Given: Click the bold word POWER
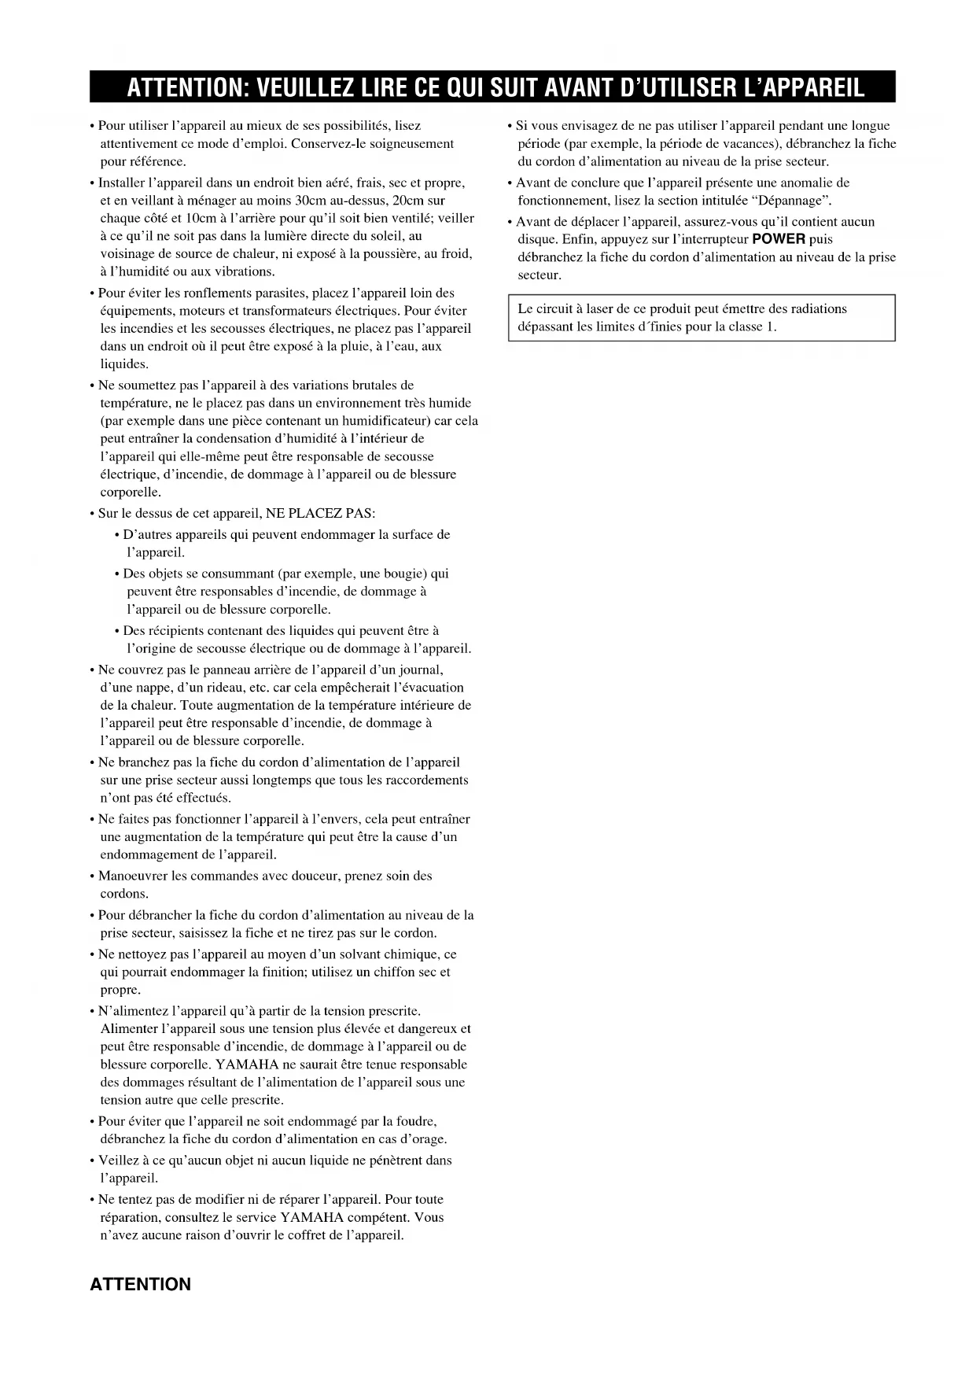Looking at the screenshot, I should click(x=779, y=239).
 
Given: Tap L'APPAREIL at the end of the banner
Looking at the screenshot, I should click(x=794, y=87).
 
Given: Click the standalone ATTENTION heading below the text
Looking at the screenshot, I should click(x=140, y=1284).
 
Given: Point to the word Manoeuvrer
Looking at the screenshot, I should click(x=133, y=876).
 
